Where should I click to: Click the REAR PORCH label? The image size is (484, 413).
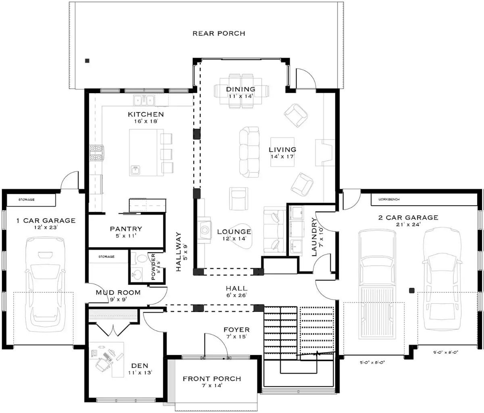point(219,33)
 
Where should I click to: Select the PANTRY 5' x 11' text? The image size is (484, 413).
point(126,232)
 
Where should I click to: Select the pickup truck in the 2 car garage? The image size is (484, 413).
point(377,284)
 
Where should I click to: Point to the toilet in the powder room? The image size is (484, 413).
point(141,259)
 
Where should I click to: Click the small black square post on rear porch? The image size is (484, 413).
point(87,61)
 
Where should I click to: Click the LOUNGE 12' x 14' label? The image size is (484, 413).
point(234,235)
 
